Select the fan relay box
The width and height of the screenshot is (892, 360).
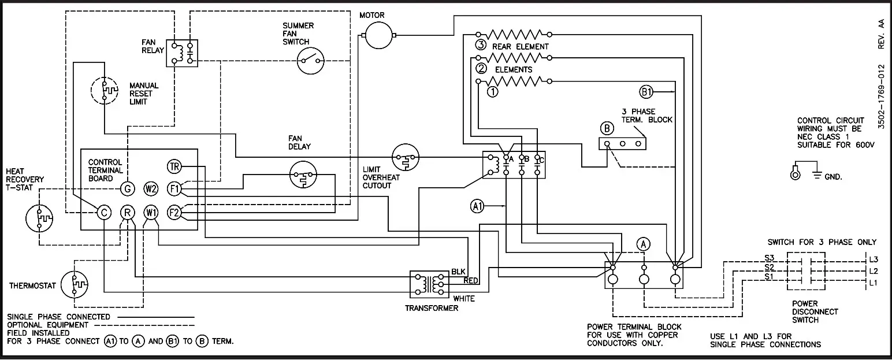pos(182,53)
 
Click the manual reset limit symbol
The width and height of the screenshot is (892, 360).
pos(104,90)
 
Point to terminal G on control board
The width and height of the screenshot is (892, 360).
pos(128,189)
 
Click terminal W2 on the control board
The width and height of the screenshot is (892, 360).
pos(151,189)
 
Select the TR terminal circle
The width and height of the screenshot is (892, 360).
pos(174,167)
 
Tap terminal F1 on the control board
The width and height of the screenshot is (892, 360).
pos(174,189)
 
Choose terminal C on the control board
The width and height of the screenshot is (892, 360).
pos(103,213)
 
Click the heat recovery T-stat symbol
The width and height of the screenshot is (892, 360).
pos(39,218)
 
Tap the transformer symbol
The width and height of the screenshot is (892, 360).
pos(428,284)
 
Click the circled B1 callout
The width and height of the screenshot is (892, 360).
pos(646,91)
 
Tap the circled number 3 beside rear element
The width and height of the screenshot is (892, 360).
pos(480,46)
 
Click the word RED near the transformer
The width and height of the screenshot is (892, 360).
pos(471,281)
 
